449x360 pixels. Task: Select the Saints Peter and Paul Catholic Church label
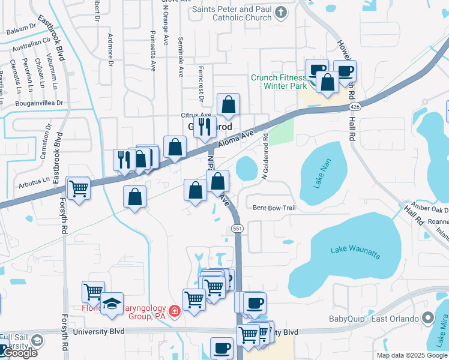click(232, 13)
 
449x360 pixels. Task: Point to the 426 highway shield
click(355, 106)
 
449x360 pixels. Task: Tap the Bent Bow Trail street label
click(274, 208)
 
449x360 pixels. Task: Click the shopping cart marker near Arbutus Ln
click(79, 188)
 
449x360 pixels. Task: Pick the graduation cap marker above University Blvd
click(112, 304)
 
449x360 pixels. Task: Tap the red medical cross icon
click(174, 311)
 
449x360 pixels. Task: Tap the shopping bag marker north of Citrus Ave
click(228, 105)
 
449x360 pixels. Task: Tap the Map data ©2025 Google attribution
click(411, 355)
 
